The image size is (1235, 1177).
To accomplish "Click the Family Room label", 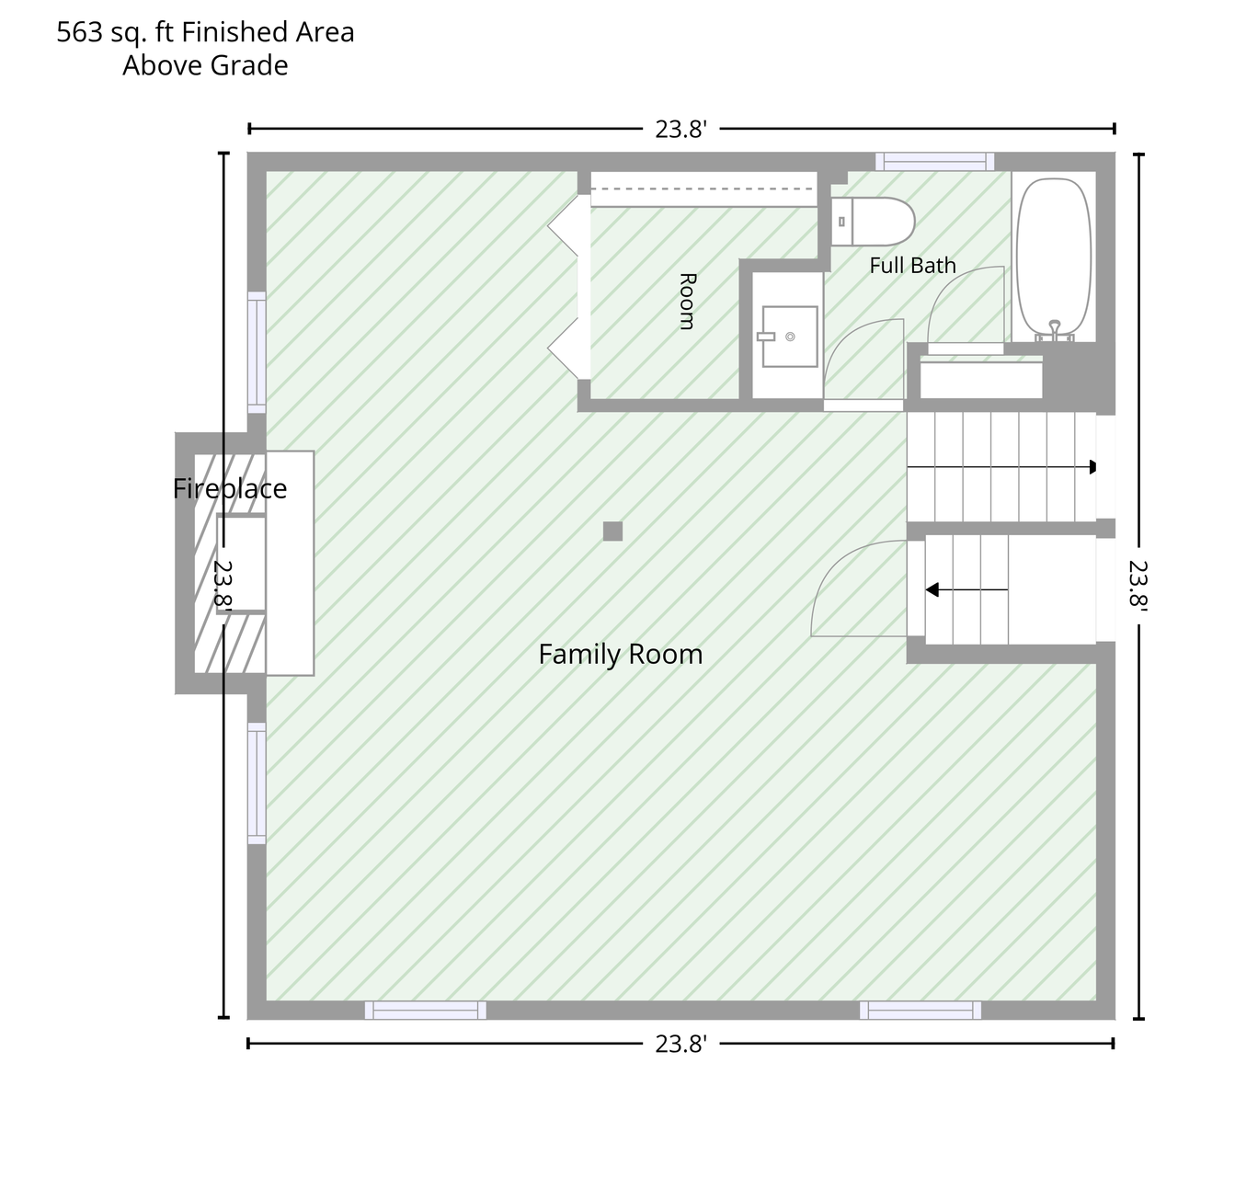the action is (620, 654).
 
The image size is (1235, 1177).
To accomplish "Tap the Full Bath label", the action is (912, 265).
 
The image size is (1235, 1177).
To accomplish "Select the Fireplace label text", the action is (230, 488).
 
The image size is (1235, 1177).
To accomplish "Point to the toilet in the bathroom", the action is (873, 222).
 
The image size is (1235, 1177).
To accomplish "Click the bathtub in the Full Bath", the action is (1054, 257).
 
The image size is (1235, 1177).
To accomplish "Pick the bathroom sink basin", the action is (790, 337).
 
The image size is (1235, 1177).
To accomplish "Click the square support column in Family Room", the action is (612, 531).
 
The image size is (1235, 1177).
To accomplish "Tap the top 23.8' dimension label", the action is (680, 129).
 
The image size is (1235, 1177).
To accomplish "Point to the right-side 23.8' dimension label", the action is (1138, 585).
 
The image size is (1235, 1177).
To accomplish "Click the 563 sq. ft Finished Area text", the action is (205, 32).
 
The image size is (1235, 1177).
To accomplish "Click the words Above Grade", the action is (205, 65).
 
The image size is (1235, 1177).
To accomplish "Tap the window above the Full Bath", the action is (934, 162).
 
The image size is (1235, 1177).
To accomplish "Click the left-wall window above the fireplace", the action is (257, 352).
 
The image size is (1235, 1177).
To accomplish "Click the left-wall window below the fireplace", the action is (257, 783).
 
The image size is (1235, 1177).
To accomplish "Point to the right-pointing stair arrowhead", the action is (1092, 467).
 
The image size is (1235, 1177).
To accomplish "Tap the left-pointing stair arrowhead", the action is (932, 589).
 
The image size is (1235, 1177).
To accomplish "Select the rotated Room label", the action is (688, 301).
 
